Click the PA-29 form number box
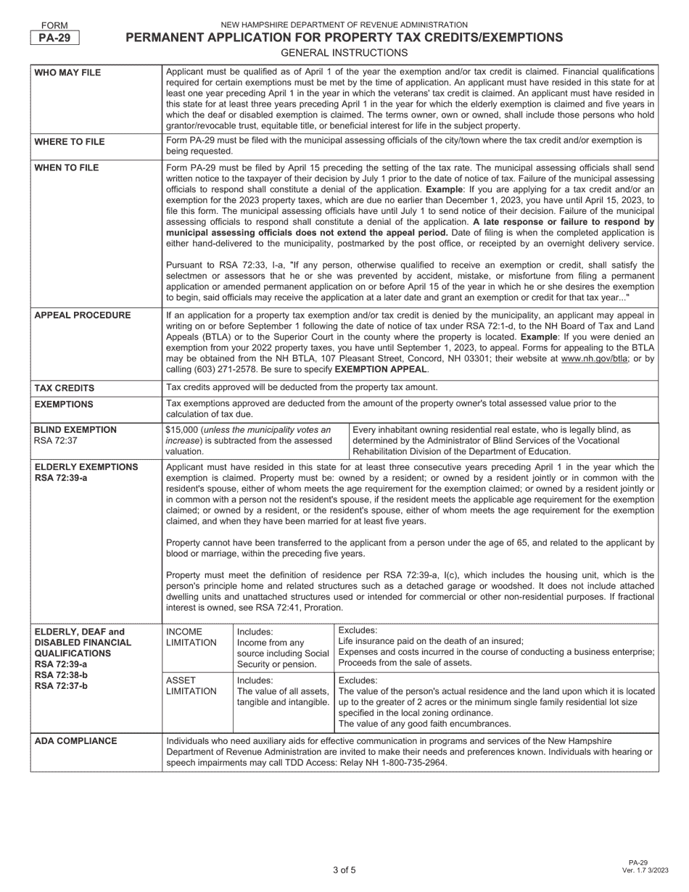pyautogui.click(x=54, y=38)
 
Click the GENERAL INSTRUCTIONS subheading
pyautogui.click(x=344, y=53)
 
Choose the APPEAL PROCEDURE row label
pyautogui.click(x=81, y=315)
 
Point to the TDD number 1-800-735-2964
pyautogui.click(x=410, y=763)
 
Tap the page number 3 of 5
pyautogui.click(x=344, y=870)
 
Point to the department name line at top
pyautogui.click(x=344, y=25)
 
